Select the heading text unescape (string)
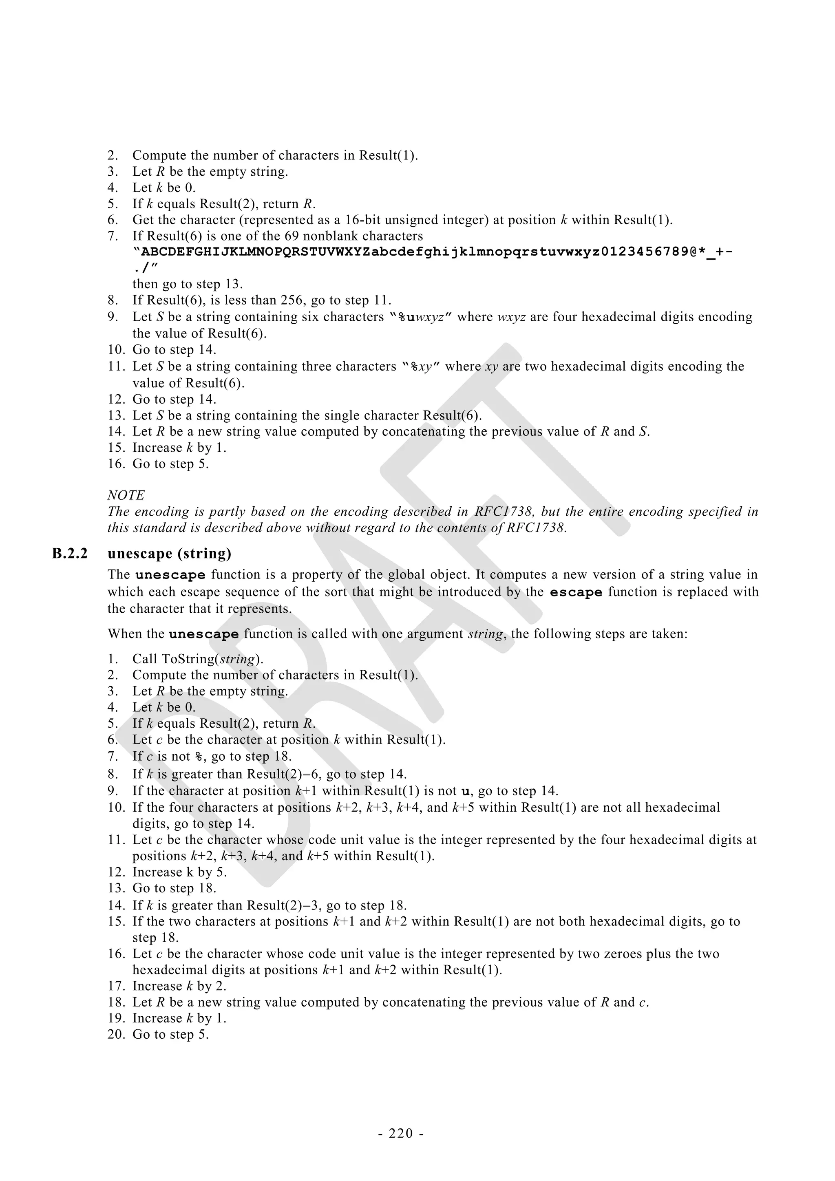pos(169,554)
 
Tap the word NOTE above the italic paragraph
pos(126,495)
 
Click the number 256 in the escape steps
pos(292,300)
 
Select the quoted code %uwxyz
pos(421,317)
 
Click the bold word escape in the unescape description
pos(576,592)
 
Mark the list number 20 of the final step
pos(116,1034)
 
